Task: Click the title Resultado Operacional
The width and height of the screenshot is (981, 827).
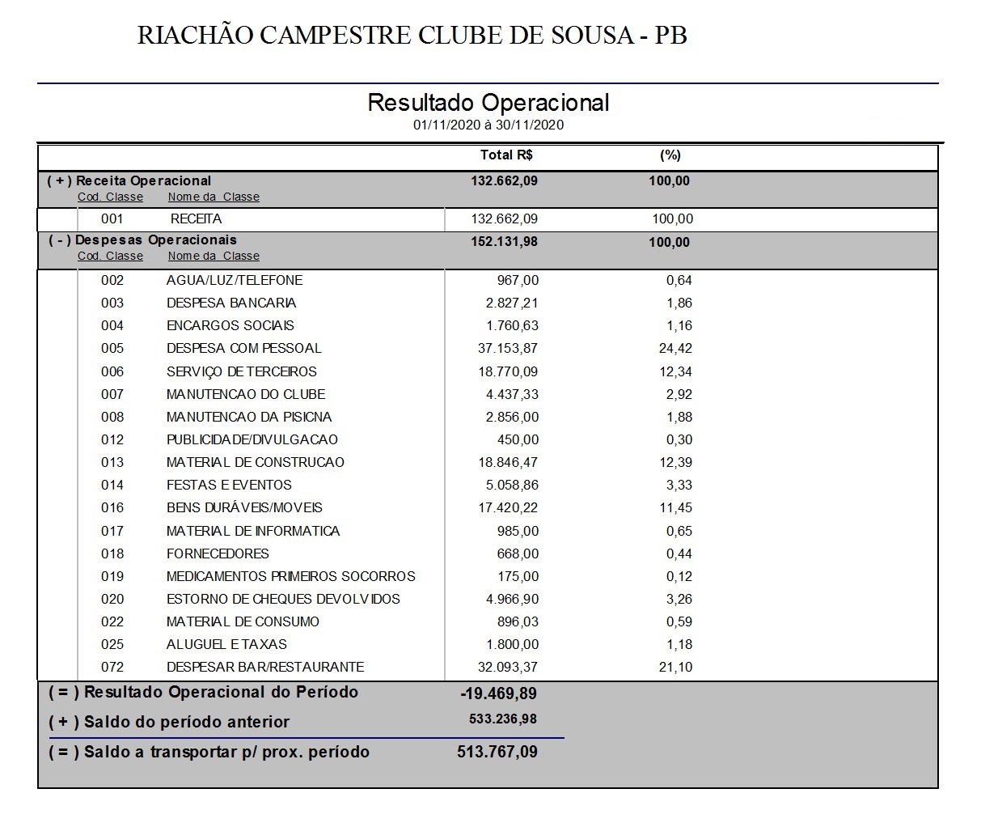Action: [x=488, y=103]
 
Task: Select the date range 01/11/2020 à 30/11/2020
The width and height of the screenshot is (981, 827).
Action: [x=488, y=125]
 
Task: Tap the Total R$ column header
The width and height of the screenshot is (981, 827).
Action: [x=506, y=155]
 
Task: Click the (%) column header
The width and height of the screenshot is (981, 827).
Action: [x=670, y=155]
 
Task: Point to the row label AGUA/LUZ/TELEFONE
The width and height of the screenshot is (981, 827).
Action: [x=235, y=280]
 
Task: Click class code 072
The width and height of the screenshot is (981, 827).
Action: [x=112, y=667]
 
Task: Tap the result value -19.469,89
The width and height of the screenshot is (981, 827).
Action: [x=498, y=693]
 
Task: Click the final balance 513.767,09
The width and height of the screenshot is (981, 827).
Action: [x=497, y=752]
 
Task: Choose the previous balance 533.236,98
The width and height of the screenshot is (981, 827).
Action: [x=502, y=719]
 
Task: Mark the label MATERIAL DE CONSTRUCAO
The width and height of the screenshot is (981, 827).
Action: [x=256, y=462]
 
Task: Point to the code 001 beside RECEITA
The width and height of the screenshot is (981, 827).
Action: [x=112, y=218]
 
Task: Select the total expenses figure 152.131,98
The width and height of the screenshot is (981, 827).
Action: [x=504, y=241]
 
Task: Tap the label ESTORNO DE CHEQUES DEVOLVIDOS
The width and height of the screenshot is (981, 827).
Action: [x=283, y=599]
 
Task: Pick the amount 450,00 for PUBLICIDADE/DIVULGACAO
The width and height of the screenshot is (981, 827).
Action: [x=518, y=439]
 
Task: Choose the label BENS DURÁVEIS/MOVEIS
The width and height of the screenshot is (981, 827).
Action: [x=244, y=507]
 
